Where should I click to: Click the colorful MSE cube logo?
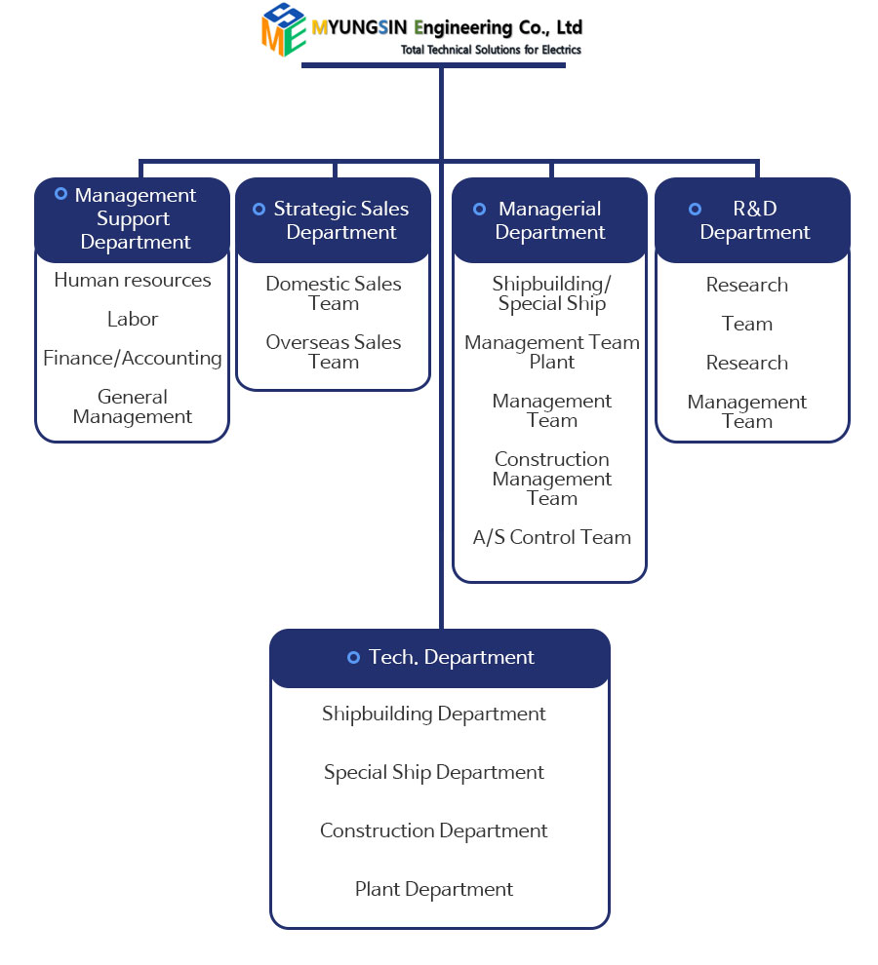284,30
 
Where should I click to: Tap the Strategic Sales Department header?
334,220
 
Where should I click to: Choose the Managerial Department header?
550,220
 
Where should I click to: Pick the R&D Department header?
753,220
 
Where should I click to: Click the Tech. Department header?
440,658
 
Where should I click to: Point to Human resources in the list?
133,281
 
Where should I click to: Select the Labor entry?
133,320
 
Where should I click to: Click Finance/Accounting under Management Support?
133,359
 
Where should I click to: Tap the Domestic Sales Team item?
334,293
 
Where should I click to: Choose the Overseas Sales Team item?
334,352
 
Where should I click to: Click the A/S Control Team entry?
552,537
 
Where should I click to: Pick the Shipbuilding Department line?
434,714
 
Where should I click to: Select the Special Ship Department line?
434,773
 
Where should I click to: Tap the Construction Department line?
434,831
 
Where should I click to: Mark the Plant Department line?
434,890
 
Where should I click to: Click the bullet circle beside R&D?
695,209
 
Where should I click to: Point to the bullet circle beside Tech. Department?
353,658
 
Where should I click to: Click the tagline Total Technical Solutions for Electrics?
491,50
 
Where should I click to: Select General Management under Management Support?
133,407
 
